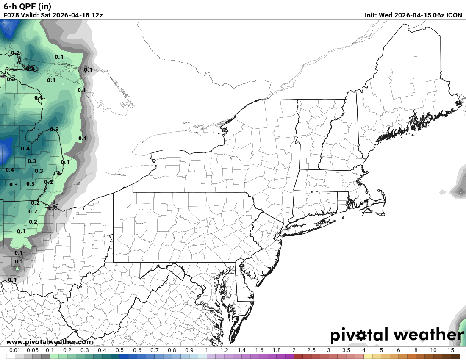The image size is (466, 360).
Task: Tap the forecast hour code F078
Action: coord(11,15)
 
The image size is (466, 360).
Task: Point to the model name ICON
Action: coord(454,15)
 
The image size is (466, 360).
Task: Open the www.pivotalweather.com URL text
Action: coord(50,342)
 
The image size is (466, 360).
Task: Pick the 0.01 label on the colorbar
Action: coord(15,350)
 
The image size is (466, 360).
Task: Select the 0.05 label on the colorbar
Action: coord(32,350)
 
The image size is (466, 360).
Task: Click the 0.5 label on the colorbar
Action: coord(119,350)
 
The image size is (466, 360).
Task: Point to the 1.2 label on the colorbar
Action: coord(224,350)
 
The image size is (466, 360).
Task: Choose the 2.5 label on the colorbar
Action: coord(311,350)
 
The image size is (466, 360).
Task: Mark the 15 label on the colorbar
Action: coord(451,350)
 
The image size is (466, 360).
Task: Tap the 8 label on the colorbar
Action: coord(416,350)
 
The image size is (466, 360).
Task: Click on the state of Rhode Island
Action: coord(343,199)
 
